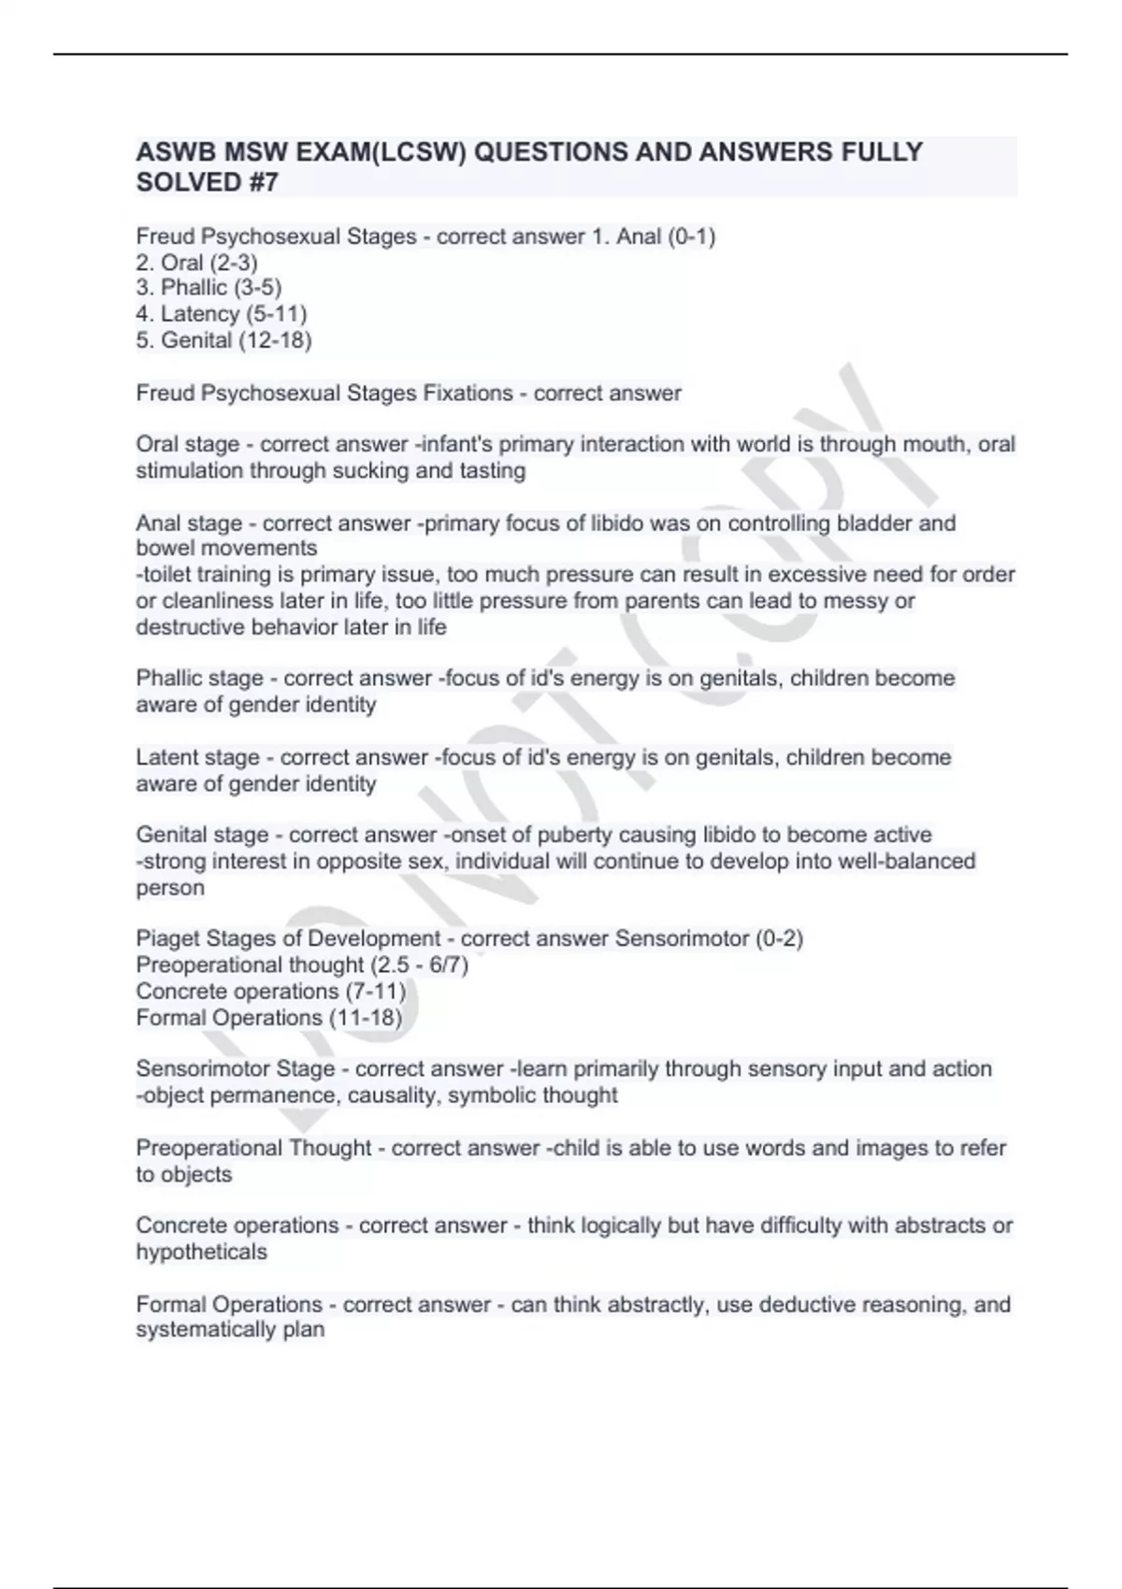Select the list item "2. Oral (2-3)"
196,263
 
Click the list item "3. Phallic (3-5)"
209,288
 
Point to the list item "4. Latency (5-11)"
222,314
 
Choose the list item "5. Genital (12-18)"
223,340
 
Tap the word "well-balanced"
907,861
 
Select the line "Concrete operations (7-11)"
270,991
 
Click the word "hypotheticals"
201,1253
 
